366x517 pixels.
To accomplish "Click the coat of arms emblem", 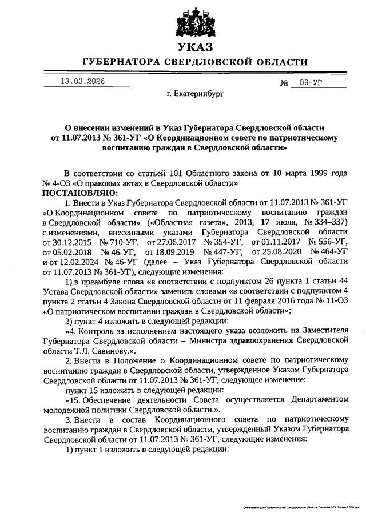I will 194,19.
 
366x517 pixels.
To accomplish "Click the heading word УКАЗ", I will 194,46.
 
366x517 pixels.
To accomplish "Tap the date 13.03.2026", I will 82,81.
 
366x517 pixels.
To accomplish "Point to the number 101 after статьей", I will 157,173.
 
